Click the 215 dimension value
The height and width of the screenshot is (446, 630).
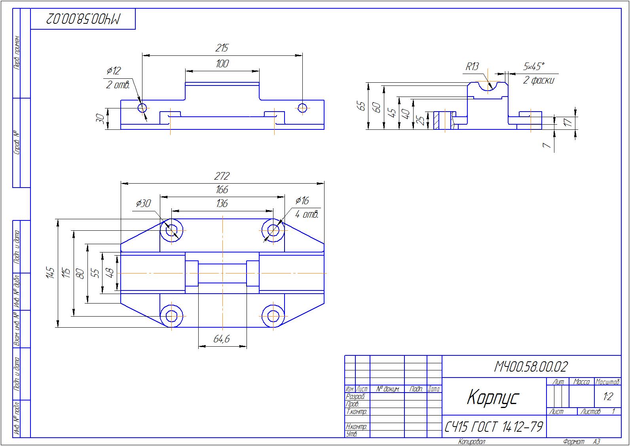(222, 48)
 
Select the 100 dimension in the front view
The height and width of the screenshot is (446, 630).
(222, 64)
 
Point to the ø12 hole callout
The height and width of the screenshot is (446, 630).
(114, 71)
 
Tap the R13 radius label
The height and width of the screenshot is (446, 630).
(472, 66)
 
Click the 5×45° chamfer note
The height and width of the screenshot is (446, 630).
(533, 66)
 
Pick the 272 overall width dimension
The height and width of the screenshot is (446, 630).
(222, 176)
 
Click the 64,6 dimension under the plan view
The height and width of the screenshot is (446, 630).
(222, 339)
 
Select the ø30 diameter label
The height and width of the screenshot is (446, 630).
(143, 203)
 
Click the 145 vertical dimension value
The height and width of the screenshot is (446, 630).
(50, 273)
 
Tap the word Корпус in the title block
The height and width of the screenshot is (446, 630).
(492, 397)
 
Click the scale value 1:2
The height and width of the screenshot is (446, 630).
(607, 397)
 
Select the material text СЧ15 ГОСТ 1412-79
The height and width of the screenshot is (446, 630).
(493, 427)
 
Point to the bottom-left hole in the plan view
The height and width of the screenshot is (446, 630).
(172, 316)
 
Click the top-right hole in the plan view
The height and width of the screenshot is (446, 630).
(273, 230)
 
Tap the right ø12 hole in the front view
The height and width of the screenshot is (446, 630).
(303, 108)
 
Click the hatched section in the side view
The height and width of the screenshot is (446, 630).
(437, 120)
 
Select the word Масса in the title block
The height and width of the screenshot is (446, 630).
(581, 382)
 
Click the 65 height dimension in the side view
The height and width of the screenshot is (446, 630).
(361, 106)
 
